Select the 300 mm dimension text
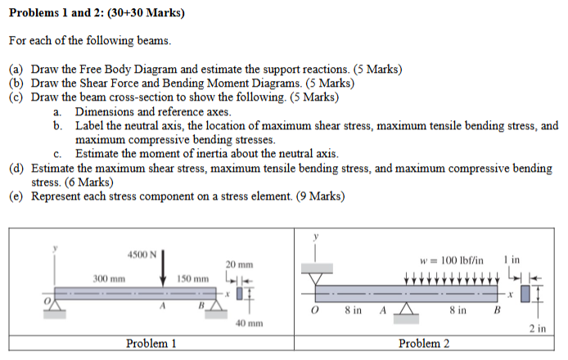click(108, 279)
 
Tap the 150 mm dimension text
click(193, 279)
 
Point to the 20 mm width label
click(240, 264)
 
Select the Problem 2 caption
click(424, 344)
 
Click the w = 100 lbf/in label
click(450, 260)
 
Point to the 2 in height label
click(537, 329)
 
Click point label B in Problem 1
click(199, 305)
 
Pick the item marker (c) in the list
click(16, 97)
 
